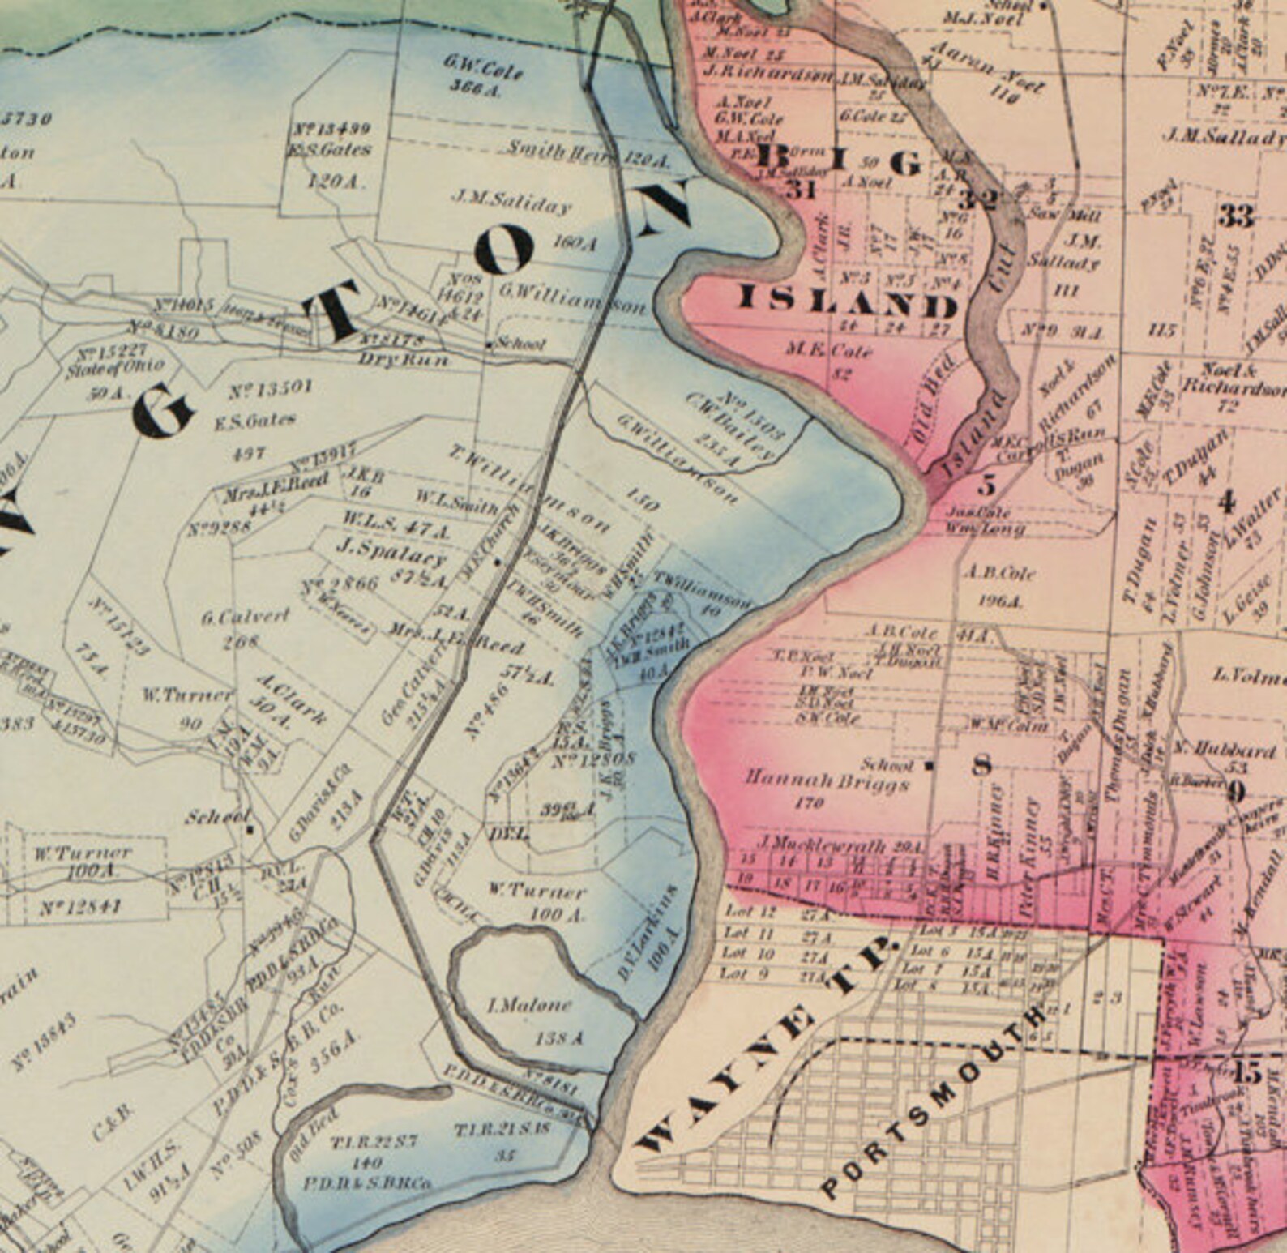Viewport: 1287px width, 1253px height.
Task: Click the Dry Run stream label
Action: point(403,359)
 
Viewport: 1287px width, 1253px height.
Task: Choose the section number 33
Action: point(1237,216)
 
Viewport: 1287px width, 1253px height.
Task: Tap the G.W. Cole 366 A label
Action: point(483,75)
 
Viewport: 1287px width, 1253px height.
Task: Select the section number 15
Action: point(1247,1074)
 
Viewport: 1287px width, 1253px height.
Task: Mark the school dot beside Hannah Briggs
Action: point(930,764)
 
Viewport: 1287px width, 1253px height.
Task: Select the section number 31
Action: point(799,191)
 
